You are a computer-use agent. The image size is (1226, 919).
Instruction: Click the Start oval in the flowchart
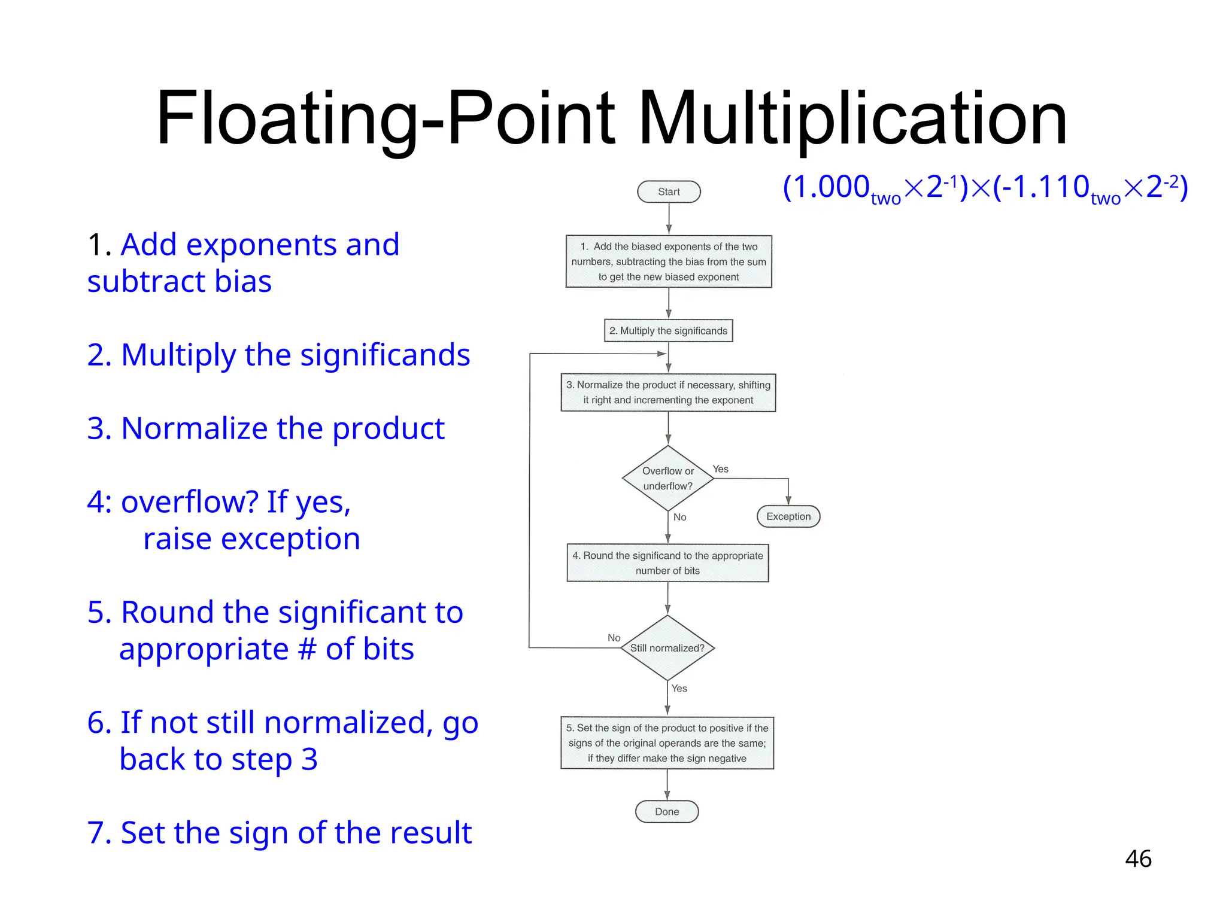pos(669,192)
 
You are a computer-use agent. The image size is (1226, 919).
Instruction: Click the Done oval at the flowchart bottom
pos(667,812)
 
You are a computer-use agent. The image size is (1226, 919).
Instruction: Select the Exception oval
pos(788,516)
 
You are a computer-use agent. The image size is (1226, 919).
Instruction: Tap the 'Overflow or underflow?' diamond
pos(668,479)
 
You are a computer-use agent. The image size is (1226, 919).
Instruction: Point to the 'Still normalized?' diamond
pos(667,648)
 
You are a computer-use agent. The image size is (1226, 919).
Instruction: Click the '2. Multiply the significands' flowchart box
pos(668,331)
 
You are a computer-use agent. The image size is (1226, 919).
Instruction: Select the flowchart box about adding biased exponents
pos(669,261)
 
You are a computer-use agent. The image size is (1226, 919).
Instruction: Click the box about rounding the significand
pos(667,563)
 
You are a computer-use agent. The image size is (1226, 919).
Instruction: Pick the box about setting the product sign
pos(667,743)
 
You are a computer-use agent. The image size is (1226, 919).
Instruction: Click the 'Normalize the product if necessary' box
pos(668,392)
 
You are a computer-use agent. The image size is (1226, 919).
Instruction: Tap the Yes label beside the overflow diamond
pos(721,469)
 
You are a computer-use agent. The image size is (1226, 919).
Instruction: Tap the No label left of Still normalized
pos(614,638)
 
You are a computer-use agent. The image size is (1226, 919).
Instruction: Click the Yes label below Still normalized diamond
pos(679,689)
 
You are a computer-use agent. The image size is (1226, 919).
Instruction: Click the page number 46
pos(1138,859)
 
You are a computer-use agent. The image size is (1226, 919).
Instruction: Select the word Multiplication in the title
pos(853,118)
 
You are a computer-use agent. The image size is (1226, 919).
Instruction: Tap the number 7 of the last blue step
pos(96,833)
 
